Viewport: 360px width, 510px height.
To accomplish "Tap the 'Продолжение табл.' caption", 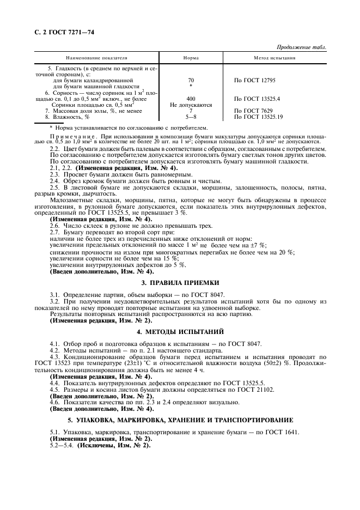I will [301, 47].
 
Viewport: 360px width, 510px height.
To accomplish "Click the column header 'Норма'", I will [191, 57].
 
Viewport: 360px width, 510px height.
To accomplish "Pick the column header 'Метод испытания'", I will [274, 57].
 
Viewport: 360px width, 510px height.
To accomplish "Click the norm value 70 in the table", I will [191, 80].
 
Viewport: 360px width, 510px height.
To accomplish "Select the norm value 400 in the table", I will [191, 99].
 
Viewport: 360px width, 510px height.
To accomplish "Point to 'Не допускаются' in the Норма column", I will [191, 105].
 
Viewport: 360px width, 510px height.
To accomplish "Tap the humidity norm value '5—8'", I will [191, 117].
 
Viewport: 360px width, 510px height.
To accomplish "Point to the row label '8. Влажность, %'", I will [67, 117].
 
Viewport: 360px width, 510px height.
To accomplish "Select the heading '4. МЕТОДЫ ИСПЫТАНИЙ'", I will [180, 331].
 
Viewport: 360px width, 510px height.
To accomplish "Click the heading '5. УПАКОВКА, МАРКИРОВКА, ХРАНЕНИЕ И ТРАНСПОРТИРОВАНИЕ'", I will [180, 420].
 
